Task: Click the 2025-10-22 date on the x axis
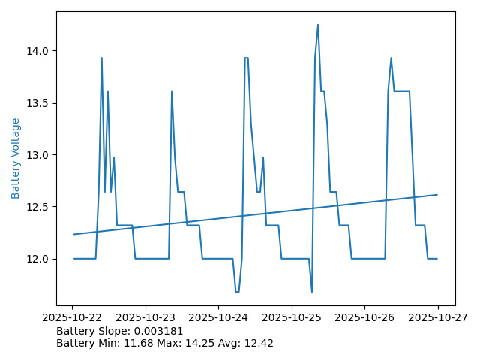[73, 318]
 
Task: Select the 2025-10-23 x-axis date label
[145, 318]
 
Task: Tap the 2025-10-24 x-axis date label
[218, 318]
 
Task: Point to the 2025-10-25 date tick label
[292, 318]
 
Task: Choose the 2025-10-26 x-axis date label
[364, 318]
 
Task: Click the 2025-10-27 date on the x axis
[437, 318]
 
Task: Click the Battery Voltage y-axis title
[16, 158]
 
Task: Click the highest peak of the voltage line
[318, 25]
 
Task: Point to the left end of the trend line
[74, 234]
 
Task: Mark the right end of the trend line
[437, 195]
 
